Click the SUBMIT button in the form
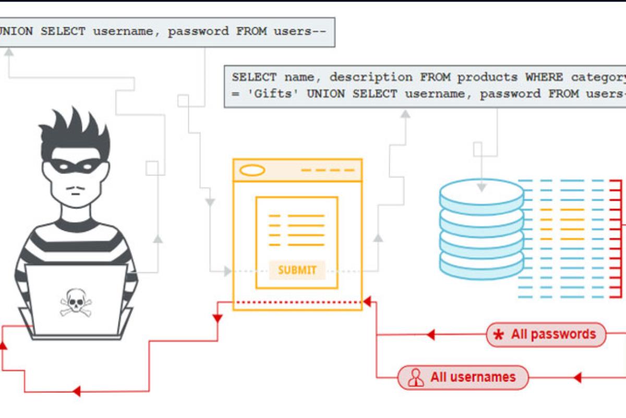pos(297,270)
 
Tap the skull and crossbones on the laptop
pos(76,302)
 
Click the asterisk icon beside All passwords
pos(499,335)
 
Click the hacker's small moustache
pos(76,187)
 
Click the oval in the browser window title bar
pos(252,170)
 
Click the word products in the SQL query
pos(488,77)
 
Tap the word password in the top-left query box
pos(198,31)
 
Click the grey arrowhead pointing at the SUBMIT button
pos(227,271)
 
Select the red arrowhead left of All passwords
pos(430,335)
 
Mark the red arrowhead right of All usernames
pos(577,377)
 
